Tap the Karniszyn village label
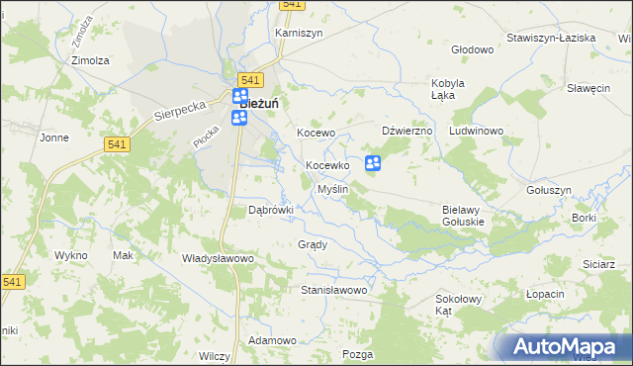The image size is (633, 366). coord(298,33)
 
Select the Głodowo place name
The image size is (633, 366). coord(472,49)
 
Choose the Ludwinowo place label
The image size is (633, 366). coord(477,131)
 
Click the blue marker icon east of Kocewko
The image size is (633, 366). coord(373,163)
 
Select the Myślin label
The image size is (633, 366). coord(331,189)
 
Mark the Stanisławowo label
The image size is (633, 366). coord(334,291)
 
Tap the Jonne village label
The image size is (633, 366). coord(53,137)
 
